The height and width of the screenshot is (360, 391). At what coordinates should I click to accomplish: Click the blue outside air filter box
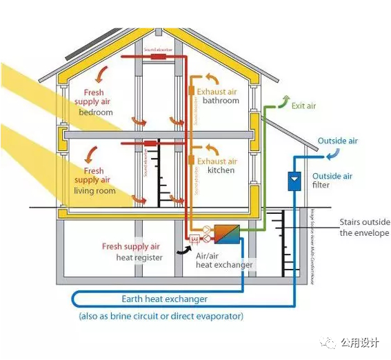click(294, 181)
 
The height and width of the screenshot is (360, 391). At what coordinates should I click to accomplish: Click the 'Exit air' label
click(303, 106)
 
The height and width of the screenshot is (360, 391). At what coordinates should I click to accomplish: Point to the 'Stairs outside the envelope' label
click(364, 228)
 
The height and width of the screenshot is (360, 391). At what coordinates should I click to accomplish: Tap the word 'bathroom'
click(221, 101)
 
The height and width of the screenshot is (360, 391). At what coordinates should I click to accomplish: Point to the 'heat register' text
click(140, 257)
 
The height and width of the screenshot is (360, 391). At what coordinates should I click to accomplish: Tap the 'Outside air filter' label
click(332, 181)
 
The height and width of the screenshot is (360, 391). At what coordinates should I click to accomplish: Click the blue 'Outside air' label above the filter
click(337, 141)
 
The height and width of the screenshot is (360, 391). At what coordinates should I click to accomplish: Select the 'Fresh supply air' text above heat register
click(131, 246)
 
